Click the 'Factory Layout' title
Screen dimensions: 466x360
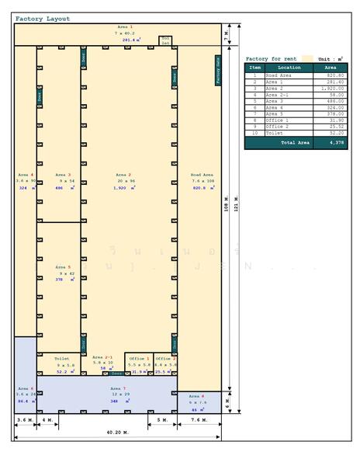coord(43,19)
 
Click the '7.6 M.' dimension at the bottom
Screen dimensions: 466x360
coord(199,420)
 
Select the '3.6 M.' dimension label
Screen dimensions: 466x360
coord(25,420)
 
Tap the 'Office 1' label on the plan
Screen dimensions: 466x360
coord(138,358)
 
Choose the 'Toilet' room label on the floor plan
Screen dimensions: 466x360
coord(62,358)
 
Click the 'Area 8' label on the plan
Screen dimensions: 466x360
coord(198,395)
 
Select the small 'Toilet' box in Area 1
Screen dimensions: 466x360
coord(165,40)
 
